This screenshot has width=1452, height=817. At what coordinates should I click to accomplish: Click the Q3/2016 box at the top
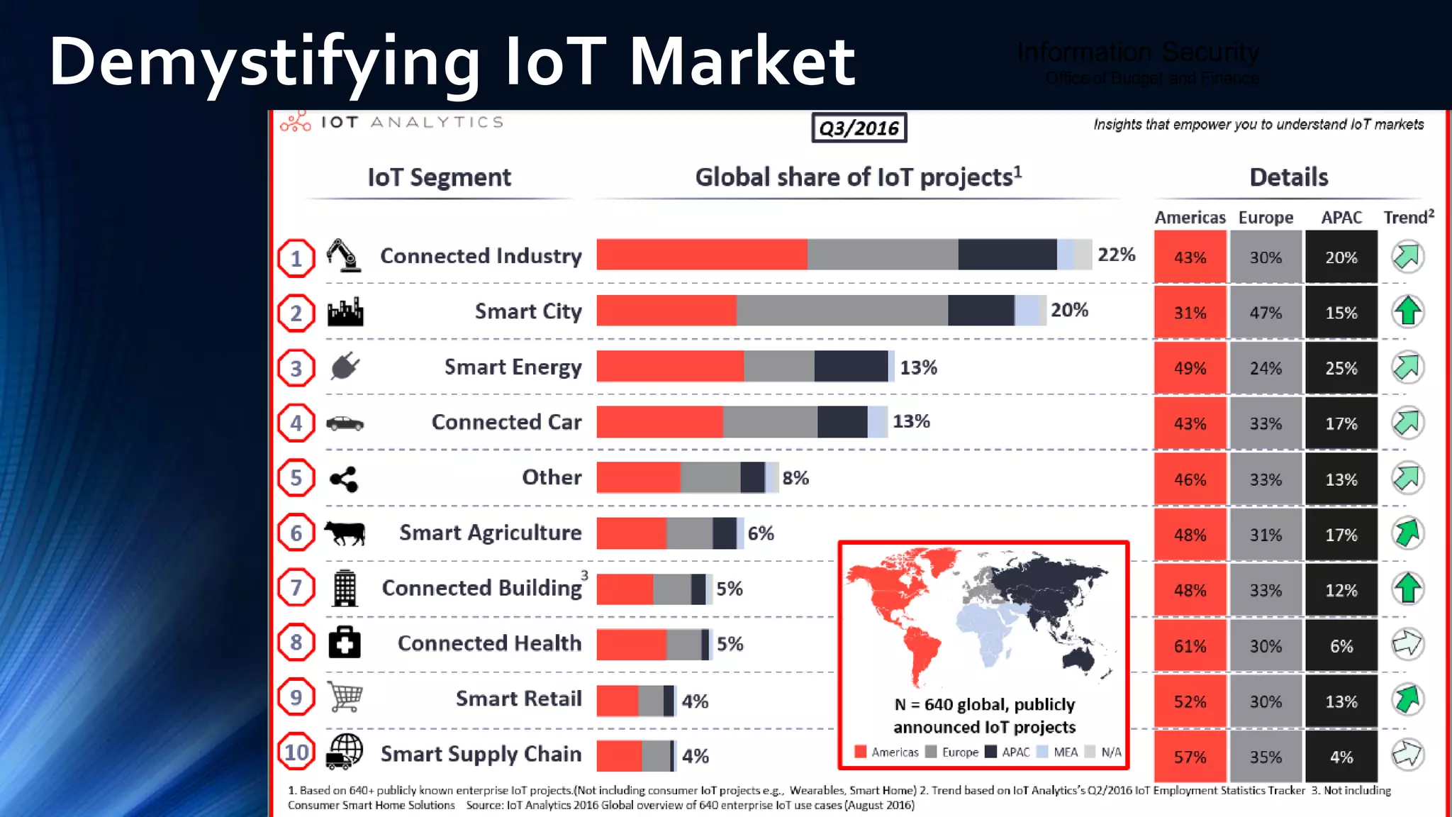point(859,128)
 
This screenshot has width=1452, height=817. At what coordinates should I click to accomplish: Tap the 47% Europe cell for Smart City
point(1266,313)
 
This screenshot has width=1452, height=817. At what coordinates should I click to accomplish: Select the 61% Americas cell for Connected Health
point(1189,646)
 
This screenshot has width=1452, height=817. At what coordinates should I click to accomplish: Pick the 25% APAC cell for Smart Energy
point(1341,368)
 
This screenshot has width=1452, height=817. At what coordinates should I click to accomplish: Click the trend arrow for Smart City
point(1407,311)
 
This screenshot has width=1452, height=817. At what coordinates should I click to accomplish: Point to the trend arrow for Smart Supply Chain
point(1407,755)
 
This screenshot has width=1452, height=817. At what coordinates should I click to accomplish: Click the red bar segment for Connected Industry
point(701,255)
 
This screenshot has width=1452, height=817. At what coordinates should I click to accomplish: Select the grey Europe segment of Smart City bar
point(842,311)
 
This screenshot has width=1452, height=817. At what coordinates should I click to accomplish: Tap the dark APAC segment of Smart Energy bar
point(851,366)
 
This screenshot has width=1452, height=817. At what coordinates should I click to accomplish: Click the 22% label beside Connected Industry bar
point(1116,255)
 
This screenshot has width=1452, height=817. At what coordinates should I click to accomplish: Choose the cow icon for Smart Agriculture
point(345,533)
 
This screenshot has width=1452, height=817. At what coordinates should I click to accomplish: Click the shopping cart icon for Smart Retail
point(345,697)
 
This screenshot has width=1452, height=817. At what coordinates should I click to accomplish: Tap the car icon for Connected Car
point(345,423)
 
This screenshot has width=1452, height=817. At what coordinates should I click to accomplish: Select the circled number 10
point(296,752)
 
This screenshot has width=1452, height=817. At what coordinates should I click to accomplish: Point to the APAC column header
point(1341,218)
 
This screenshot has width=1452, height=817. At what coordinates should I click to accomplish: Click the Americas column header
point(1190,218)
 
